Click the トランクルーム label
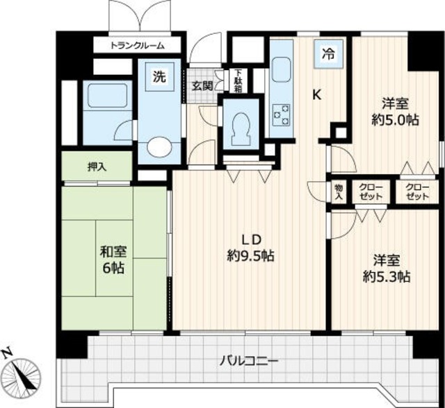[138, 45]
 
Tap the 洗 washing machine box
[159, 76]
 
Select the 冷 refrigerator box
[329, 53]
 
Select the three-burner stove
[281, 115]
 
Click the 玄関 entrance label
[202, 86]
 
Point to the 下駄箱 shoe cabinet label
[238, 81]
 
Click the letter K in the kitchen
[316, 95]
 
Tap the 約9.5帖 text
[250, 256]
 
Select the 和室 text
[113, 252]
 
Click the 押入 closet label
[97, 167]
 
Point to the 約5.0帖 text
[395, 120]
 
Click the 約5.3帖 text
[387, 277]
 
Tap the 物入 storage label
[339, 192]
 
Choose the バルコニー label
[249, 361]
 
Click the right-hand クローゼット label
[417, 192]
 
